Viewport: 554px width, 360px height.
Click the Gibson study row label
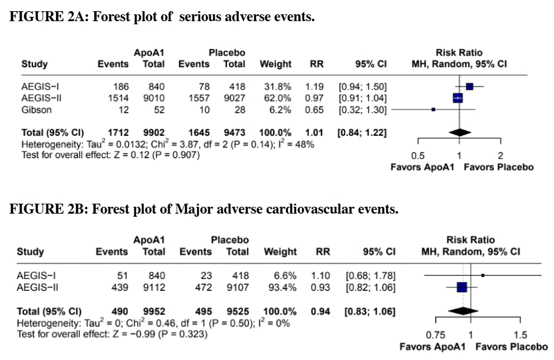point(37,110)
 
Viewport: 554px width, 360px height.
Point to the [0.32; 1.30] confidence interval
point(362,110)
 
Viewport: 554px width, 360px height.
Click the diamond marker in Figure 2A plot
point(459,132)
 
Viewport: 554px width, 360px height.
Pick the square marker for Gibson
point(433,110)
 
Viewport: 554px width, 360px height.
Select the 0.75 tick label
point(436,335)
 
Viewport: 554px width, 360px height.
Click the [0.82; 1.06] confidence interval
point(370,287)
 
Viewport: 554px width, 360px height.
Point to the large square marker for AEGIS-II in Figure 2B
point(462,287)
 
